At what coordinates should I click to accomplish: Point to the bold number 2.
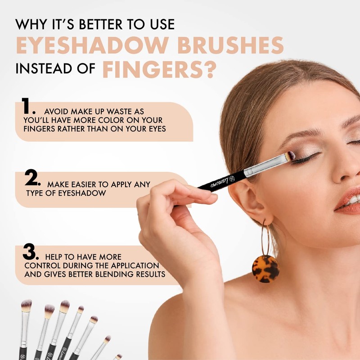33,179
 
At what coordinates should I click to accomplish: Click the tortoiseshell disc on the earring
265,269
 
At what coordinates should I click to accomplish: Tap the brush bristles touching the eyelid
291,156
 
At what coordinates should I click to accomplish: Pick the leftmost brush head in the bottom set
26,306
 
